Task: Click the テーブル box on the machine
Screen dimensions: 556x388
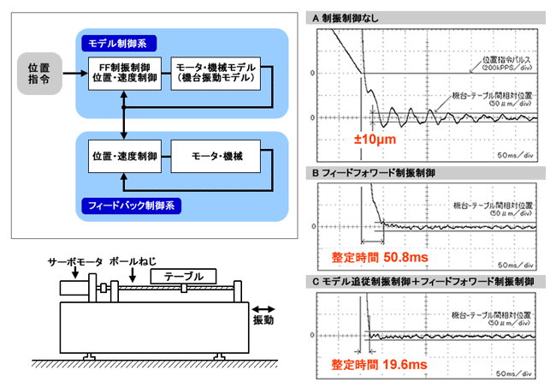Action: click(183, 277)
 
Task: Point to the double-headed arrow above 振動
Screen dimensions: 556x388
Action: click(265, 304)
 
